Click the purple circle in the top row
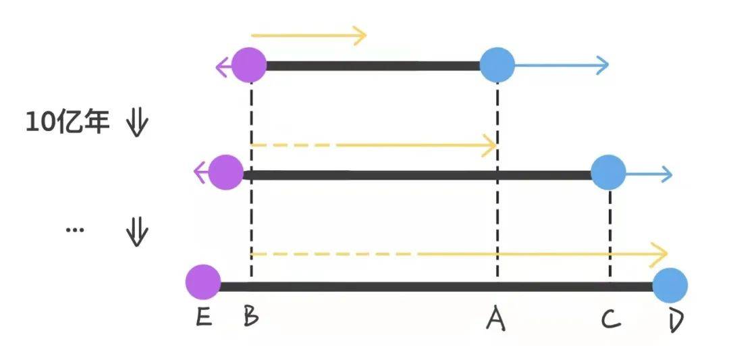(x=249, y=66)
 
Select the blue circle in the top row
(x=497, y=66)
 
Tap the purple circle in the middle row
(x=225, y=173)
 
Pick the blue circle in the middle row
(x=608, y=173)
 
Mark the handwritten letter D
(x=676, y=319)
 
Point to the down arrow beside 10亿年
(x=137, y=124)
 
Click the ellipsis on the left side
(x=75, y=230)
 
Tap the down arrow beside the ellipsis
(x=137, y=233)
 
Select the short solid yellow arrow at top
(x=308, y=35)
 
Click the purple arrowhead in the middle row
(x=200, y=174)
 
